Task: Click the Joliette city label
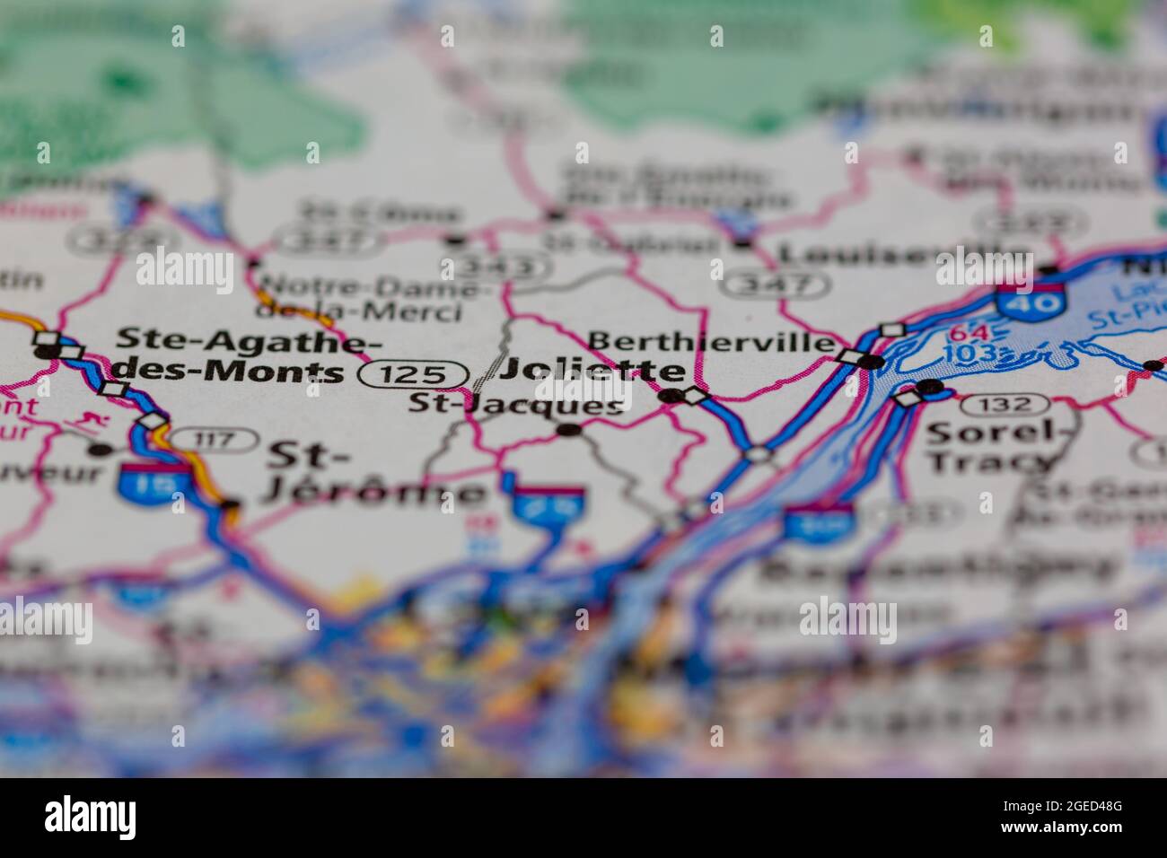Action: click(592, 370)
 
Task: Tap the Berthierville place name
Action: click(711, 342)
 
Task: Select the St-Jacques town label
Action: click(515, 405)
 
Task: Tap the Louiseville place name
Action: click(902, 254)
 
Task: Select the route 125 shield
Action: click(414, 374)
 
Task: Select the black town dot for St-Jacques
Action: click(568, 431)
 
